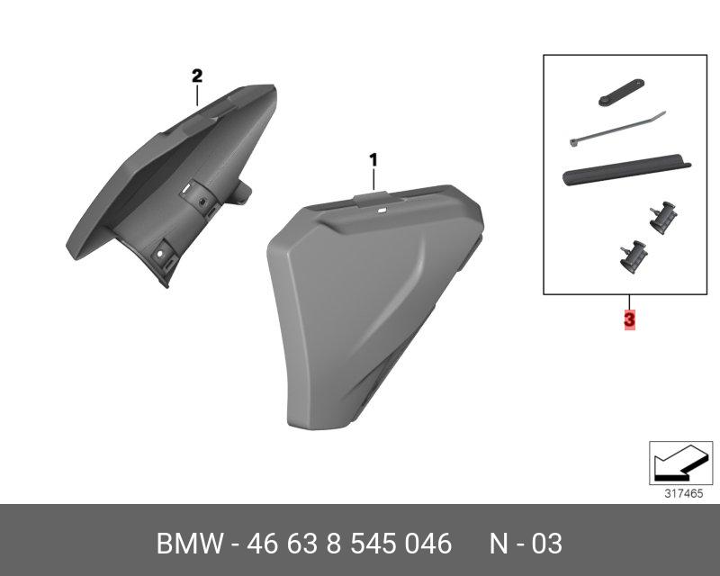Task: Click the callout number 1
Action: tap(373, 160)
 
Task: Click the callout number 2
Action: tap(197, 76)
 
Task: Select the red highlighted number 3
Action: tap(629, 319)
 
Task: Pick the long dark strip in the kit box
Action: tap(626, 169)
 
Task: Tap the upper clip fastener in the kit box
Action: tap(663, 218)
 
